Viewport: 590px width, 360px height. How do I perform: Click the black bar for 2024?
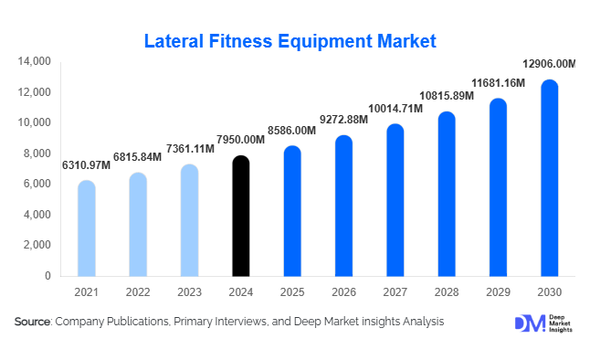click(240, 217)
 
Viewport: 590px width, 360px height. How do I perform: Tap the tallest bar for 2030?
click(549, 178)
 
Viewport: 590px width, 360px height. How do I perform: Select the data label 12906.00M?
click(548, 64)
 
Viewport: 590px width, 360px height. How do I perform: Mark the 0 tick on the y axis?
click(47, 275)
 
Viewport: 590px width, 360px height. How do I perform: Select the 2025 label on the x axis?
click(291, 291)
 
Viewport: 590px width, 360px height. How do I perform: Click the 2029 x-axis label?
click(498, 291)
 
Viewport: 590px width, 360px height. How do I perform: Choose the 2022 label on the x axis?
click(137, 291)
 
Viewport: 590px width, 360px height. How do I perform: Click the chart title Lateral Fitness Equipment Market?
click(291, 41)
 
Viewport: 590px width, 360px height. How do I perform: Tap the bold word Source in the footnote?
click(32, 322)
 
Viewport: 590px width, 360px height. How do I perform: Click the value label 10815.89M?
click(447, 96)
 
